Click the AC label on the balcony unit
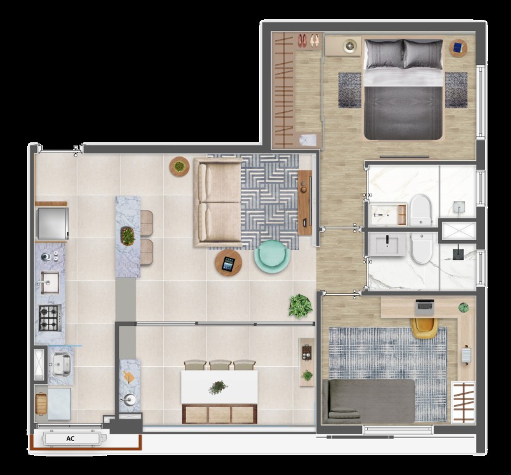[x=70, y=439]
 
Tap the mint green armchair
[x=272, y=257]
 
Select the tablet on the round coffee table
[x=228, y=263]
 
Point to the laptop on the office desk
[x=424, y=307]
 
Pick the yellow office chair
[x=424, y=328]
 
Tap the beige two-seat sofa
[x=217, y=202]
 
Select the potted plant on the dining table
[x=217, y=387]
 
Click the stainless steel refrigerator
[x=52, y=224]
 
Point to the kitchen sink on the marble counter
[x=49, y=282]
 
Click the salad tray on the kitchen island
[x=127, y=236]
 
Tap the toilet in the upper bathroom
[x=420, y=210]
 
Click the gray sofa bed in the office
[x=369, y=401]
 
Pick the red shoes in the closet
[x=302, y=40]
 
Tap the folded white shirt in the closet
[x=308, y=140]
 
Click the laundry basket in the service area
[x=41, y=404]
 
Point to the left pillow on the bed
[x=384, y=54]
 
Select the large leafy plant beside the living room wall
[x=300, y=306]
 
